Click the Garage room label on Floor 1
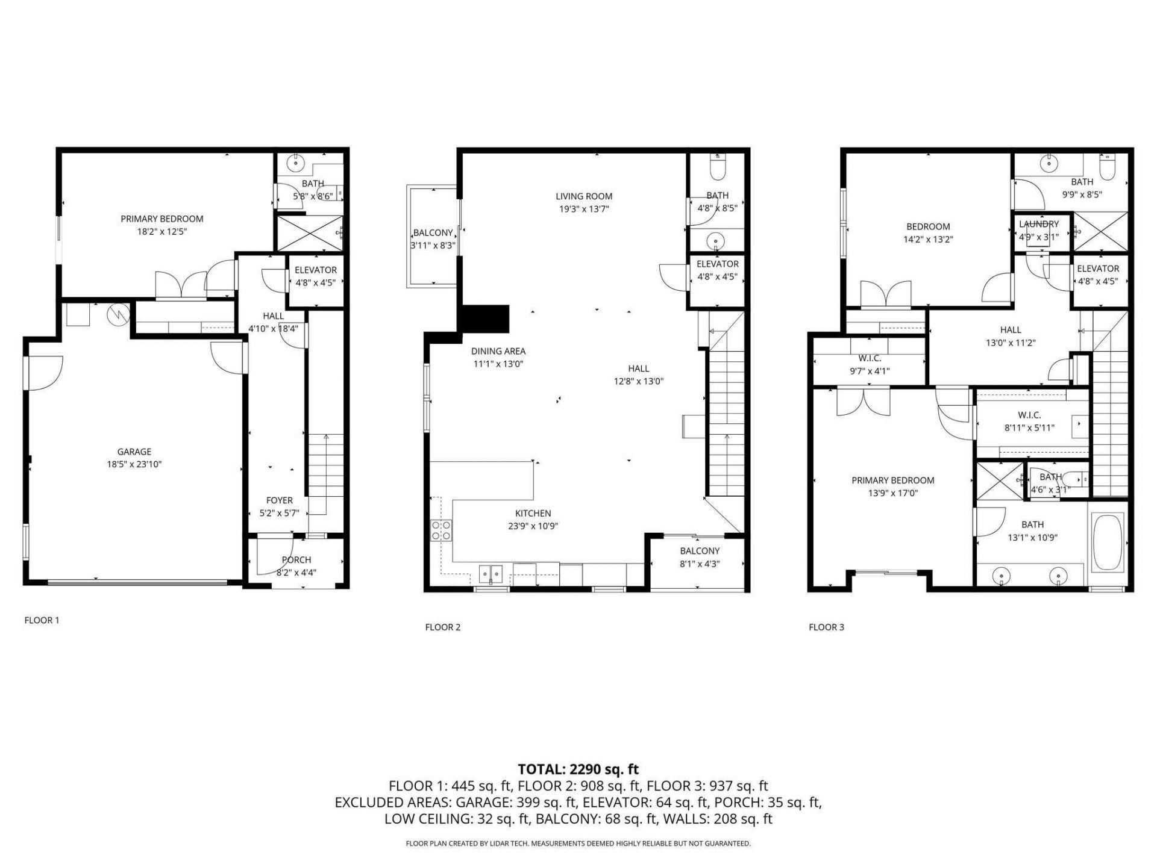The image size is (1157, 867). [x=134, y=452]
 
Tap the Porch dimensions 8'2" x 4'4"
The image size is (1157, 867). [x=296, y=573]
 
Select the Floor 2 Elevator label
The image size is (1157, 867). [x=717, y=264]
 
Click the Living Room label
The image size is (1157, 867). [x=583, y=196]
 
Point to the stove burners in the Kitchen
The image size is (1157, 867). [x=441, y=530]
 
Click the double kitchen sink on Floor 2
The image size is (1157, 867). [x=491, y=573]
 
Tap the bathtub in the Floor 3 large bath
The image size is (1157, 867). [x=1108, y=542]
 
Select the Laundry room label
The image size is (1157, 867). [x=1039, y=224]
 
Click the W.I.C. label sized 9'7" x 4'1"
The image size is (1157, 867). [x=870, y=358]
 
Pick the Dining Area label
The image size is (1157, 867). [x=498, y=351]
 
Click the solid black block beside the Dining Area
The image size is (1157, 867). [x=484, y=319]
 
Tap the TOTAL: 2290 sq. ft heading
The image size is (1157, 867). [x=578, y=769]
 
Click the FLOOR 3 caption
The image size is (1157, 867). [x=826, y=627]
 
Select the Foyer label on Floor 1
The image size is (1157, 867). [x=280, y=500]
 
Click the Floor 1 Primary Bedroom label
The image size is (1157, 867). [x=161, y=219]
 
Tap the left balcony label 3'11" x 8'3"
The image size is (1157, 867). [x=433, y=246]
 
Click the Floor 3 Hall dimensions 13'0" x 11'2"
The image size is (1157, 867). [x=1011, y=343]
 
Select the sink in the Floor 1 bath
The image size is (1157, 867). [x=296, y=163]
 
